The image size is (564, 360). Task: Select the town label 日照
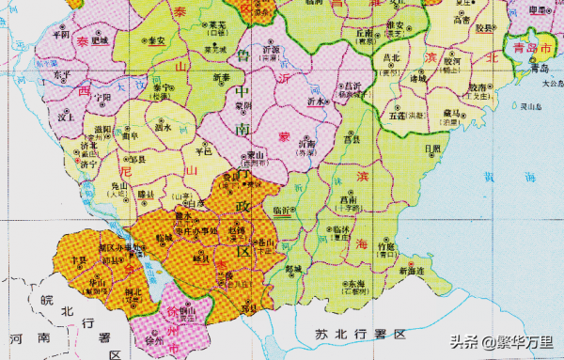[432, 149]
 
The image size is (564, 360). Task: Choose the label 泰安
[156, 41]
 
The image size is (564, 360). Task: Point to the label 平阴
[61, 33]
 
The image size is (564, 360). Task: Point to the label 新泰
[222, 77]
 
